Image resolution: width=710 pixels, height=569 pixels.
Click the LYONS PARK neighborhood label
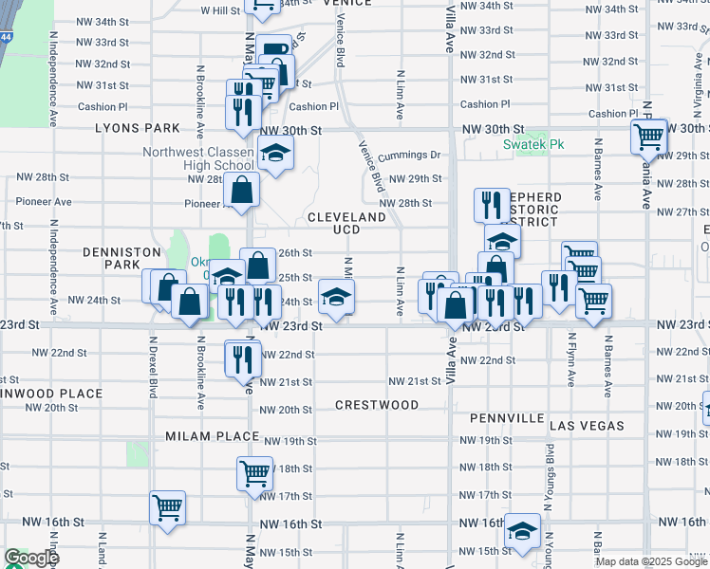click(x=137, y=128)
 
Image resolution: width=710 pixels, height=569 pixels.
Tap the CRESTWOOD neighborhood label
click(x=377, y=405)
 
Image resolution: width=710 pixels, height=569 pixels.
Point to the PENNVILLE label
click(x=507, y=418)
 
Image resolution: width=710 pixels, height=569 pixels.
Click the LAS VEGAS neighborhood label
click(x=587, y=426)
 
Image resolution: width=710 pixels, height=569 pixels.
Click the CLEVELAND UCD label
click(x=346, y=223)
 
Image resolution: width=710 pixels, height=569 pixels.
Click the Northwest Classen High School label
click(x=198, y=159)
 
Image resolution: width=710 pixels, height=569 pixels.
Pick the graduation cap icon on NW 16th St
click(x=521, y=530)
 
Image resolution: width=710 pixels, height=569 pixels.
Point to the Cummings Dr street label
click(x=410, y=155)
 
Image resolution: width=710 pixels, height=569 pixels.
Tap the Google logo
click(x=32, y=559)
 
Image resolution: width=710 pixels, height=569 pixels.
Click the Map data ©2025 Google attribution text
click(x=650, y=561)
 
